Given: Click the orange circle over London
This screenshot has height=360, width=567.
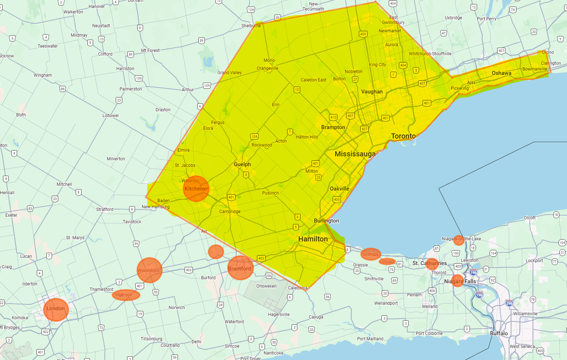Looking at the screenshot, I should (x=56, y=309).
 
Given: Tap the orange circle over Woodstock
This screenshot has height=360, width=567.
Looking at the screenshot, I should (x=149, y=270).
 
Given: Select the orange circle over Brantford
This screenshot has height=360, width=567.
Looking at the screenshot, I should (x=240, y=268).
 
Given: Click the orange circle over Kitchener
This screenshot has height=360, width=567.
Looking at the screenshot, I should (x=196, y=188).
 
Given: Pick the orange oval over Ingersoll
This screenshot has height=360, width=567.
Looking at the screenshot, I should (x=126, y=295).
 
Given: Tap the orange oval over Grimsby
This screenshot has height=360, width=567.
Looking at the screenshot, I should (x=371, y=254).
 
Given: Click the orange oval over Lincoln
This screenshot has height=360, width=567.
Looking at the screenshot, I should (x=387, y=261).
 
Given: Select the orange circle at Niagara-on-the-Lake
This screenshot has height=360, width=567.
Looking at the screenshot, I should (x=459, y=240).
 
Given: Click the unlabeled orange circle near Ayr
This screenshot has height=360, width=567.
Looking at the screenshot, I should (x=216, y=252).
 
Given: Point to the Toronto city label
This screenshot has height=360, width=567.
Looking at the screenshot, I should (x=403, y=136).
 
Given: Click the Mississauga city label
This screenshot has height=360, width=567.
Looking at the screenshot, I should (x=355, y=154).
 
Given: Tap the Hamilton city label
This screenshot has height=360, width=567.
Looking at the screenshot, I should (x=313, y=239).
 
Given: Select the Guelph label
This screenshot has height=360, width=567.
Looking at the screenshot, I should (x=242, y=164).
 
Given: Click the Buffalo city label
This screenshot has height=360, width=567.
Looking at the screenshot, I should (x=499, y=333).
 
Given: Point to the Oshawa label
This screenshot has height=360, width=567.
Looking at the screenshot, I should (x=501, y=73).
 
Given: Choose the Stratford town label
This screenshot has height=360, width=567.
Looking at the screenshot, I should (x=105, y=209).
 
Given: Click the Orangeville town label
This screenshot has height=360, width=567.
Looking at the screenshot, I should (x=267, y=68).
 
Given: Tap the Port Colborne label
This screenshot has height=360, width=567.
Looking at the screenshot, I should (x=429, y=333).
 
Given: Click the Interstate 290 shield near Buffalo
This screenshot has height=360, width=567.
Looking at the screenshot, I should (x=509, y=303).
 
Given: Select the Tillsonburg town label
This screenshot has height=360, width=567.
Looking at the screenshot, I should (x=151, y=339).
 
